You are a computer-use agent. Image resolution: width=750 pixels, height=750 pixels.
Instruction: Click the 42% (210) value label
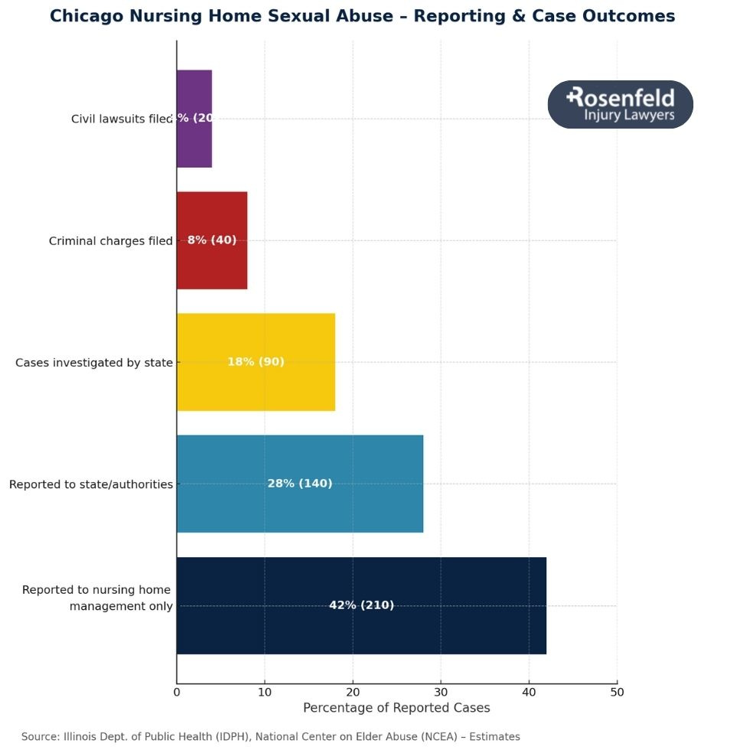361,605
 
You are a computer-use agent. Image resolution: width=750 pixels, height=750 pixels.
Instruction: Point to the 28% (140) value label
299,484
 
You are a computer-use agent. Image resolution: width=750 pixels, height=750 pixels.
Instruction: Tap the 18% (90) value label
256,362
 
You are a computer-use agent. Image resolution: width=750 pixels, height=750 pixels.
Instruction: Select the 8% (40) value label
212,240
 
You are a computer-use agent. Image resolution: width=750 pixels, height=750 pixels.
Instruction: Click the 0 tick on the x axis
177,693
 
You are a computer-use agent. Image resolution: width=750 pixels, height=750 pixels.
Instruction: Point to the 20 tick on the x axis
353,693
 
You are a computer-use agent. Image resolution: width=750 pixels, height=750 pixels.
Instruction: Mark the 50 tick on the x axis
617,693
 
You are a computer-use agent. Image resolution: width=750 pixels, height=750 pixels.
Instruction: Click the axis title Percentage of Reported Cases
396,708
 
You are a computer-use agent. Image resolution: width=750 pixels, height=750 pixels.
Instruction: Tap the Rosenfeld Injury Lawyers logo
620,105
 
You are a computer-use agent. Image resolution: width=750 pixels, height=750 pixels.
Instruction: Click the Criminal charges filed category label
110,241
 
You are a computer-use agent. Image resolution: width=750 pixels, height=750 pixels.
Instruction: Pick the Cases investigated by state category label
94,363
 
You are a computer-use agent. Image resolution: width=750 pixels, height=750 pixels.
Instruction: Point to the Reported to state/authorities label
90,484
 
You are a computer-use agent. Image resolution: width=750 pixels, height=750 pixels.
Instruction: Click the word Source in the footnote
39,737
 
